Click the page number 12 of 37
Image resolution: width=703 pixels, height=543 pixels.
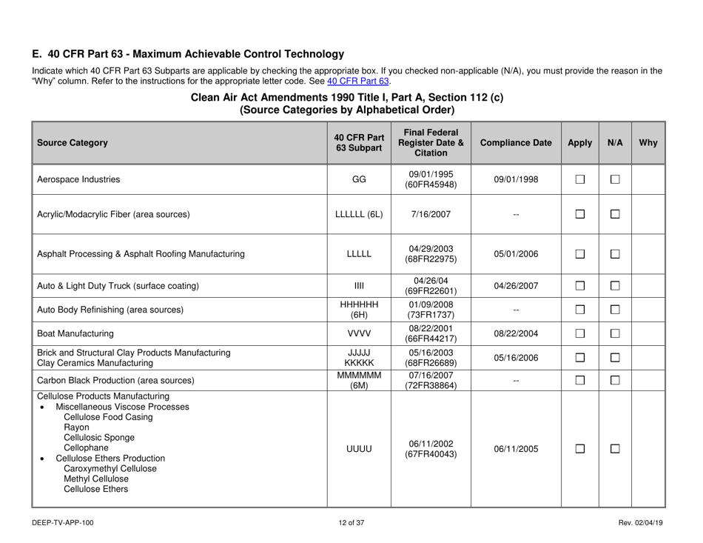click(351, 524)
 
